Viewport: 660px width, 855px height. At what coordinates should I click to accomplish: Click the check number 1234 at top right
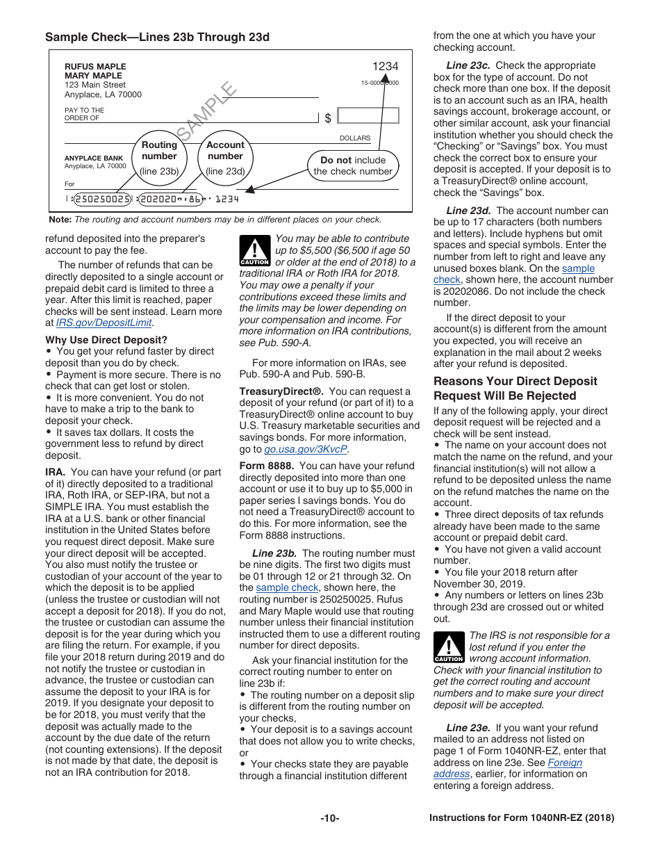coord(385,67)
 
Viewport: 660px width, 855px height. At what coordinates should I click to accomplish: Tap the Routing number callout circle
coord(159,158)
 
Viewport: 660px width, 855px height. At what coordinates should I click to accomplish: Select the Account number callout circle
coord(225,158)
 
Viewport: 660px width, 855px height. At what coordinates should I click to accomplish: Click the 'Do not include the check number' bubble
coord(353,165)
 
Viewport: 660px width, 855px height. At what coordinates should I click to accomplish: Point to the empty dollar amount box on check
coord(368,116)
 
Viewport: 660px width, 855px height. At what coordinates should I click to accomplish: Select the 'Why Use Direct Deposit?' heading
coord(106,340)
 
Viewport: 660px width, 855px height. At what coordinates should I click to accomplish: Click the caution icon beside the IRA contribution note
coord(254,251)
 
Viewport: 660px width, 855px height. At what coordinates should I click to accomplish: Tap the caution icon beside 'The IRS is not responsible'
coord(448,648)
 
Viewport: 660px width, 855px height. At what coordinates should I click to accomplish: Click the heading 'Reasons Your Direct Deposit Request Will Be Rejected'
coord(515,389)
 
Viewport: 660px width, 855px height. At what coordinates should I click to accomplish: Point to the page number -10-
coord(330,818)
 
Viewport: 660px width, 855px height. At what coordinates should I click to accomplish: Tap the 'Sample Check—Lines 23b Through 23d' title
coord(157,37)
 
